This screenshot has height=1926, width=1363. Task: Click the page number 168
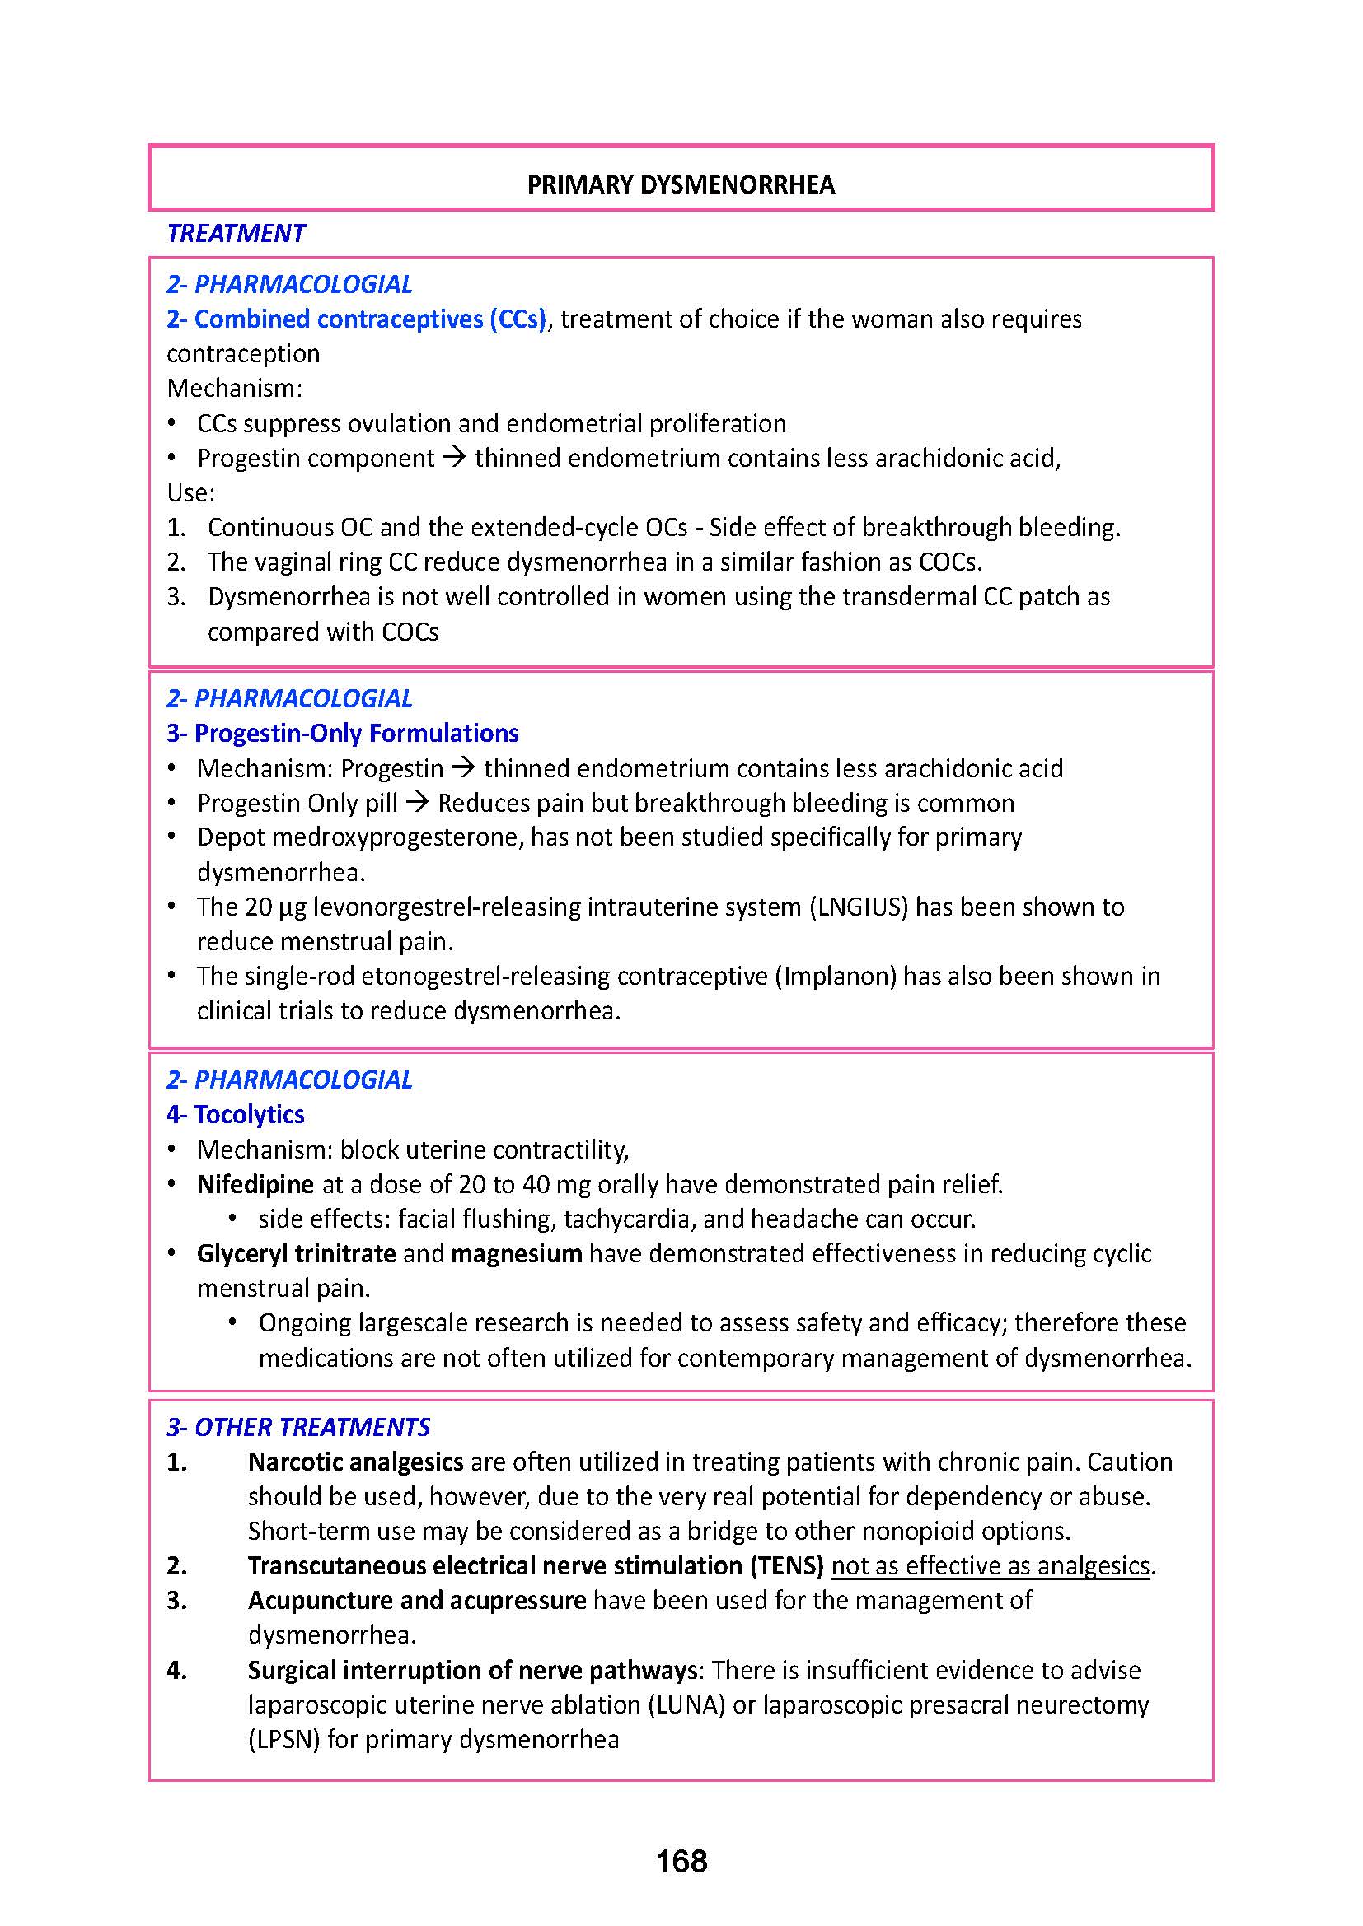pos(681,1862)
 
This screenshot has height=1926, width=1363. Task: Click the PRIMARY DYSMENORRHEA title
pos(681,185)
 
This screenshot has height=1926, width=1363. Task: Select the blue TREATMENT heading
pos(236,233)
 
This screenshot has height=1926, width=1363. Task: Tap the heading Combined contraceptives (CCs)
pos(357,319)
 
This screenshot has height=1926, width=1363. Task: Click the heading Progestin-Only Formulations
pos(343,733)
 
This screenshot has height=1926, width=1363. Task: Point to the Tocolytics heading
pos(236,1114)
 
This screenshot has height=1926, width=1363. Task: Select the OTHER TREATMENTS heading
pos(298,1427)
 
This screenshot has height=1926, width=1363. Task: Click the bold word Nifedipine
pos(255,1183)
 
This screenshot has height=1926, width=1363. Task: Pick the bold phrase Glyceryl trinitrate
pos(297,1253)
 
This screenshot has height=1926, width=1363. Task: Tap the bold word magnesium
pos(516,1253)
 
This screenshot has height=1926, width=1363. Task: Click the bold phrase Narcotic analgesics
pos(355,1462)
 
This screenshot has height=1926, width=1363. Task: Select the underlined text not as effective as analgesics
pos(991,1565)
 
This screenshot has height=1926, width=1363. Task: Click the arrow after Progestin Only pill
pos(417,803)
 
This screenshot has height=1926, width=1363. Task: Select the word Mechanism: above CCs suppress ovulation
pos(234,389)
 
